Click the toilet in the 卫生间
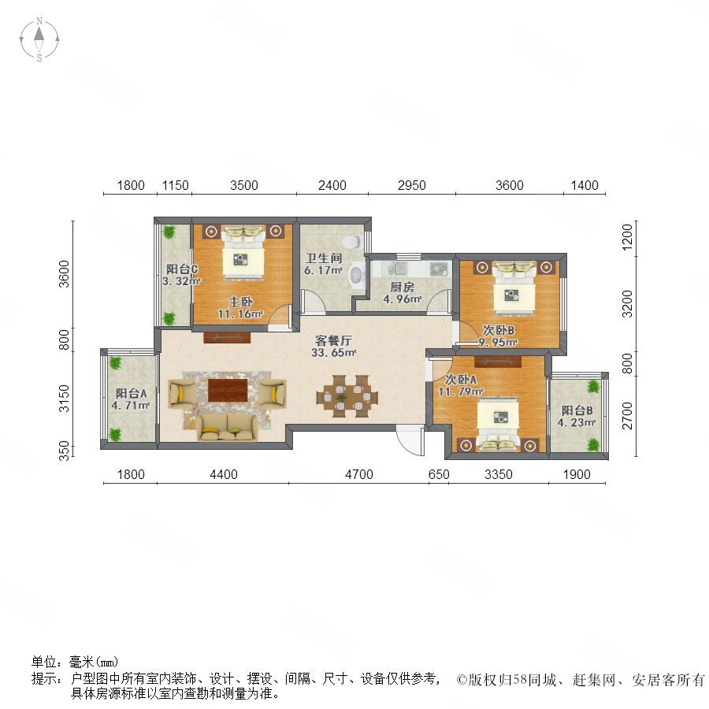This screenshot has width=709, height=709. click(356, 274)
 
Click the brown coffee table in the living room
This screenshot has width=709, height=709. click(228, 390)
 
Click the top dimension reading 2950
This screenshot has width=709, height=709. click(411, 186)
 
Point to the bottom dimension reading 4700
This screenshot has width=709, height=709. click(358, 474)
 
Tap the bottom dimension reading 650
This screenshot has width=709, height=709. click(439, 474)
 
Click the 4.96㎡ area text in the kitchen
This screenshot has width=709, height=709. click(403, 299)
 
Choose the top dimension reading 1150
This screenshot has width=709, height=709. click(176, 186)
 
